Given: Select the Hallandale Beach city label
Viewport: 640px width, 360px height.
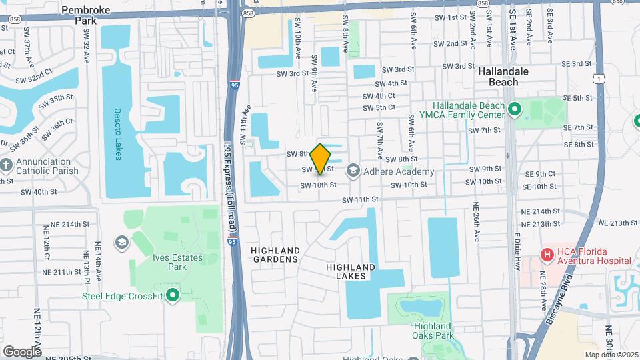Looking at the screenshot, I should point(503,77).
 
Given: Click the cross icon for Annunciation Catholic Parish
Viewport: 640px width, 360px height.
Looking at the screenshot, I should point(7,164).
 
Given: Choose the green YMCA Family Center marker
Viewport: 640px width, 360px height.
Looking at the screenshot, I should point(514,109).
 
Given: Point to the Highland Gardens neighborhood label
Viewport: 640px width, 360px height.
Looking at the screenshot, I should point(275,255).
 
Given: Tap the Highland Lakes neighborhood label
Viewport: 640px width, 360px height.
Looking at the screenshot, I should point(351,271).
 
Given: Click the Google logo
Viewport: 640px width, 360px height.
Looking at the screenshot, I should point(21,351).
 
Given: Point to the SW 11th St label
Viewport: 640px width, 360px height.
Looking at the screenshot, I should point(361,199).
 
